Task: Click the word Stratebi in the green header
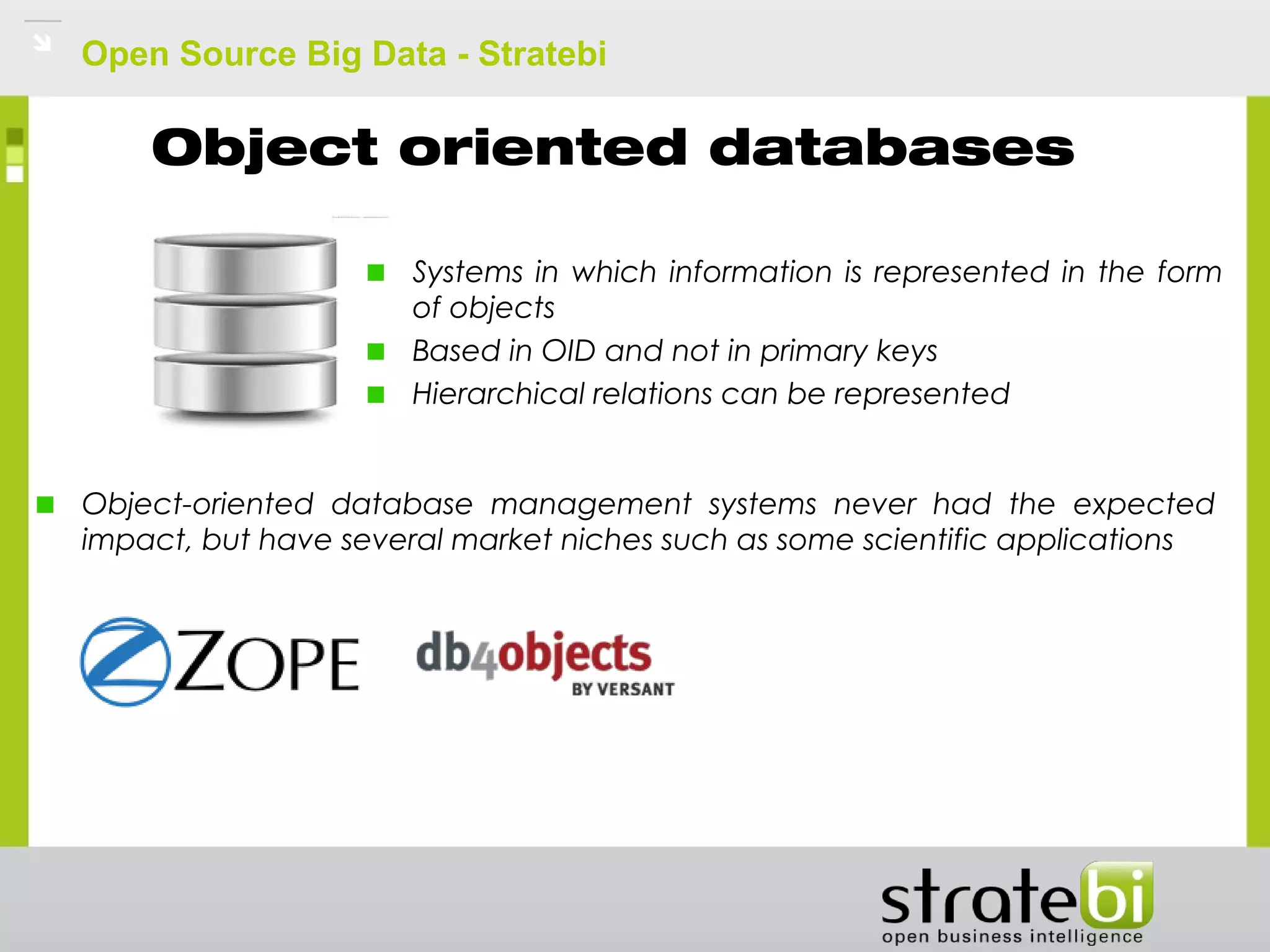pyautogui.click(x=542, y=54)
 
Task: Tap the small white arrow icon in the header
pyautogui.click(x=42, y=42)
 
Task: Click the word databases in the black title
pyautogui.click(x=891, y=149)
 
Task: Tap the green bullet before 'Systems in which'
pyautogui.click(x=376, y=273)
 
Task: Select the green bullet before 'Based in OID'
pyautogui.click(x=376, y=352)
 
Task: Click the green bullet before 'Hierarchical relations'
pyautogui.click(x=376, y=395)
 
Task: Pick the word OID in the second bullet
pyautogui.click(x=568, y=351)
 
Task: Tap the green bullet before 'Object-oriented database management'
pyautogui.click(x=45, y=505)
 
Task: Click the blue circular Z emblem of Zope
pyautogui.click(x=126, y=662)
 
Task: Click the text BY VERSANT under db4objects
pyautogui.click(x=623, y=689)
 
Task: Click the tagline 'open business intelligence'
pyautogui.click(x=1012, y=937)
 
